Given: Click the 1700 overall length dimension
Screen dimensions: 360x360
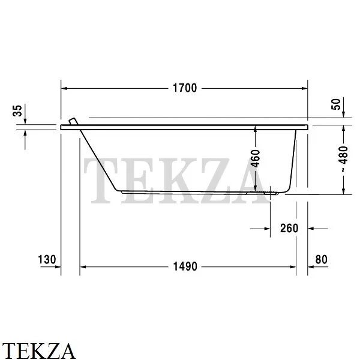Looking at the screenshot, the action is point(185,88).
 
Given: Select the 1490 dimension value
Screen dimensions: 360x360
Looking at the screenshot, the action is point(185,266).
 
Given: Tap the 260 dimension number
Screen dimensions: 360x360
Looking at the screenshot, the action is point(289,228).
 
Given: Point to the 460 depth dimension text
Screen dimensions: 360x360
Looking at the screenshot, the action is point(256,158).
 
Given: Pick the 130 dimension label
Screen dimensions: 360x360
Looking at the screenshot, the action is point(47,260).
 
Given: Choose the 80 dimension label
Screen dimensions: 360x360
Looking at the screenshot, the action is point(321,260).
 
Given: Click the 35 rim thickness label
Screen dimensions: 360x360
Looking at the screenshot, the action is point(17,110).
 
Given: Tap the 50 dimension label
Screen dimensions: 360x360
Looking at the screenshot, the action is point(336,104).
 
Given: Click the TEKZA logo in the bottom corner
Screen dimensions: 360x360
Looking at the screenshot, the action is point(38,351).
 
